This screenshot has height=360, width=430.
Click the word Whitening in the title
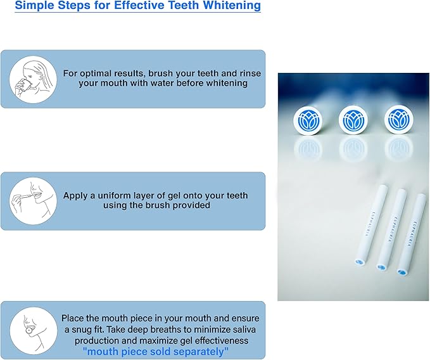tap(229, 6)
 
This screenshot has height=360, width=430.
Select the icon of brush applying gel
tap(34, 200)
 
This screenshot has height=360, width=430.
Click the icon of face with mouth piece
tap(34, 330)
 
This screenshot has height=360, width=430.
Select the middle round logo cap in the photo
tap(353, 119)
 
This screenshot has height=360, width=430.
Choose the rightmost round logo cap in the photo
tap(399, 119)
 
